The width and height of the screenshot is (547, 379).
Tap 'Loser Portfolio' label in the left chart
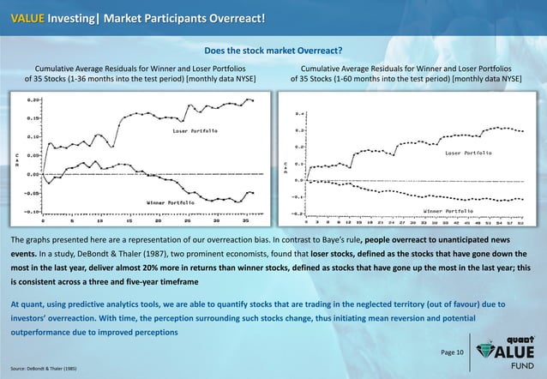click(195, 131)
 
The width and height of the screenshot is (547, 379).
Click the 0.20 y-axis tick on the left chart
click(33, 99)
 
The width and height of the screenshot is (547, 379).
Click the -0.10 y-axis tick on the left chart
click(33, 211)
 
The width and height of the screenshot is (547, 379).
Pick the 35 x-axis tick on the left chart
click(246, 220)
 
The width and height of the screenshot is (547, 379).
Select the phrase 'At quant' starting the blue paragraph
click(29, 304)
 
